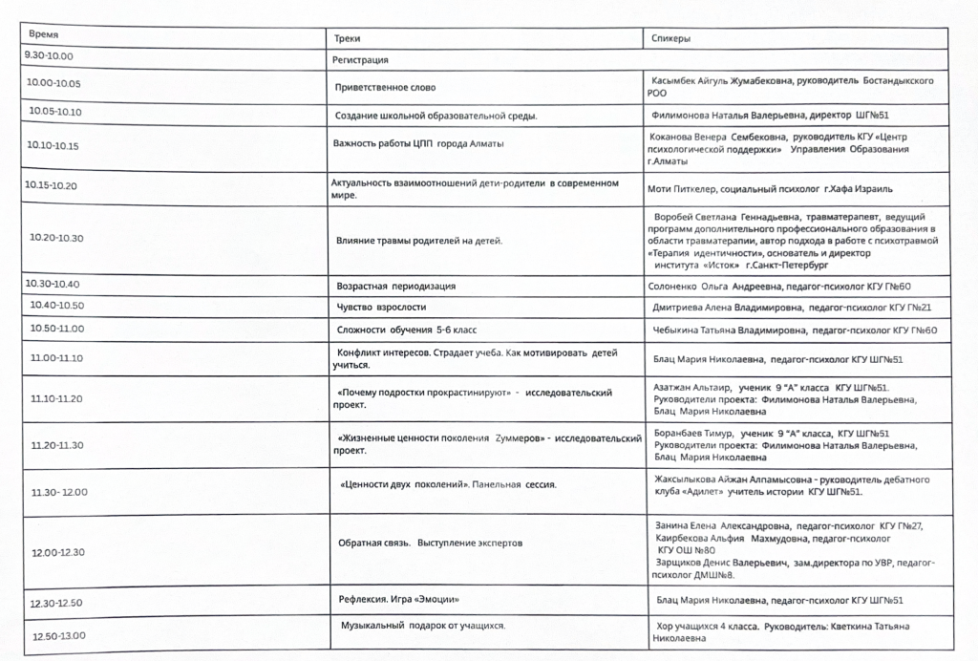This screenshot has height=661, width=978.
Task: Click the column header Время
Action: pyautogui.click(x=44, y=34)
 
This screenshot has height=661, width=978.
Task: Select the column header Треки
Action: pyautogui.click(x=347, y=38)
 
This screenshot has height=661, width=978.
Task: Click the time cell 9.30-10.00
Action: pyautogui.click(x=50, y=55)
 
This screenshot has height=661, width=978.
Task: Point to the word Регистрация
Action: pyautogui.click(x=359, y=60)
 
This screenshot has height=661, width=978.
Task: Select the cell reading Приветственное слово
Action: pyautogui.click(x=385, y=88)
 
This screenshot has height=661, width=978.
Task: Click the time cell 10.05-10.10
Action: pyautogui.click(x=55, y=112)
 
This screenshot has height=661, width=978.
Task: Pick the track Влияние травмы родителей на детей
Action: pyautogui.click(x=419, y=241)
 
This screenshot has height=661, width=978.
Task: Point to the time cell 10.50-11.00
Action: pyautogui.click(x=57, y=329)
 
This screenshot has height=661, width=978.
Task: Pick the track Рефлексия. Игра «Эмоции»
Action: pyautogui.click(x=393, y=599)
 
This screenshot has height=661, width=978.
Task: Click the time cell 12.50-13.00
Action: pyautogui.click(x=58, y=636)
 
